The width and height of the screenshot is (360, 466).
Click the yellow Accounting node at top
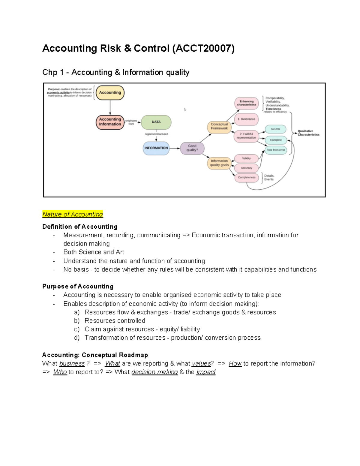110,93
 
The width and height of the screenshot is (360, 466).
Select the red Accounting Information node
110,122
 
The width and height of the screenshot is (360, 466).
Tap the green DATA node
156,122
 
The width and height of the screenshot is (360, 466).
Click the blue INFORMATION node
156,148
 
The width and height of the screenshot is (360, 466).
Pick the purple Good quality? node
192,148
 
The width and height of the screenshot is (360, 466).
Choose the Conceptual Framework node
219,127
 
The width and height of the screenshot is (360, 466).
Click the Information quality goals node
219,163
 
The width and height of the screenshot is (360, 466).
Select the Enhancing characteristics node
246,104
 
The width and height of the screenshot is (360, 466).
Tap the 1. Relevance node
246,119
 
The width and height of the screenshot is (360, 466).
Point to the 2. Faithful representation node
246,136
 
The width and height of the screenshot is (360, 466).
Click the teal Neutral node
275,129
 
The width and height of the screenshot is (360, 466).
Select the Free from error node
275,150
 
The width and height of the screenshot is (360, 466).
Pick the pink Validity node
246,158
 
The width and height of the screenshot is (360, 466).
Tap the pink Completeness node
247,178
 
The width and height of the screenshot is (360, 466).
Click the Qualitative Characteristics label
308,133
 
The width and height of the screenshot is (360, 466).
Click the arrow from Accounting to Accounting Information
110,107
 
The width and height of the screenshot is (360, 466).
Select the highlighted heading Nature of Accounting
73,214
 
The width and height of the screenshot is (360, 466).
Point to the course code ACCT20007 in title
203,48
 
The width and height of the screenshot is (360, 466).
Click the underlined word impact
206,372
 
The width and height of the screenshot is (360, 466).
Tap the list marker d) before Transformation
77,338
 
